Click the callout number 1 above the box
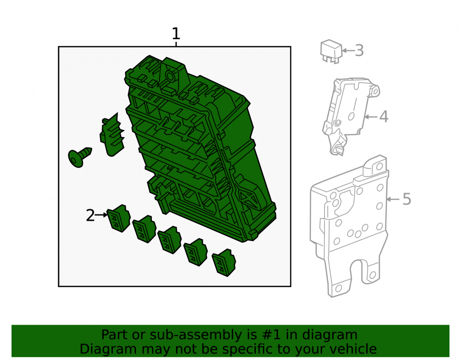(x=176, y=34)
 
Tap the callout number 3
(x=359, y=51)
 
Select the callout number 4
(x=384, y=117)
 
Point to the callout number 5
(x=407, y=199)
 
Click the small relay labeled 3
(x=331, y=52)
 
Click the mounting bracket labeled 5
(x=349, y=226)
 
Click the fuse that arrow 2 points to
(x=119, y=218)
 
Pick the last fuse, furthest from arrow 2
(x=224, y=262)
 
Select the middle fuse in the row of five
(x=170, y=240)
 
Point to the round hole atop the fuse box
(x=170, y=77)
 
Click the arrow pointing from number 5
(x=393, y=199)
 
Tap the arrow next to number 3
(x=348, y=51)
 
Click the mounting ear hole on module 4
(x=375, y=91)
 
